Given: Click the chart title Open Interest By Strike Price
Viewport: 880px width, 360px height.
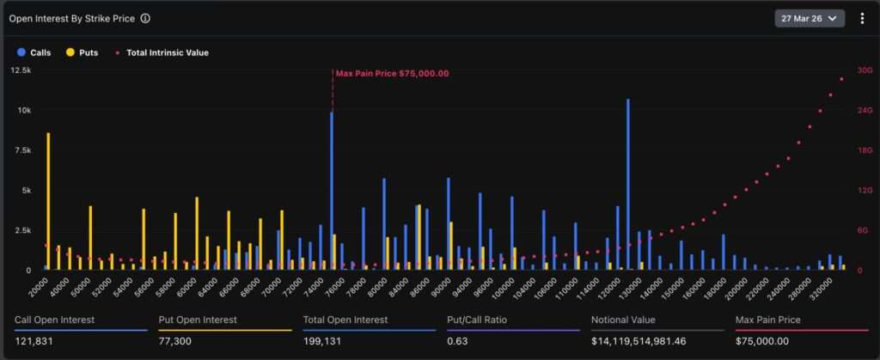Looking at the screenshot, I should (x=71, y=18).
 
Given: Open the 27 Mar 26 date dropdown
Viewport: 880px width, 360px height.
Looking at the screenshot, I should (x=810, y=18).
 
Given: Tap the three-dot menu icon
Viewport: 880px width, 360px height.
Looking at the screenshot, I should (x=862, y=18).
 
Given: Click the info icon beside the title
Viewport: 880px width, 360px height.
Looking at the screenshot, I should (x=145, y=18).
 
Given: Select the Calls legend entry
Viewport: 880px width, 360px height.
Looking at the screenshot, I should (x=34, y=52).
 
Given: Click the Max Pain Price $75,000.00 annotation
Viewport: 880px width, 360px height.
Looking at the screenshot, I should (x=392, y=73).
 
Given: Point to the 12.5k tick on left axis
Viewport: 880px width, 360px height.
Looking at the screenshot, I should (x=21, y=70).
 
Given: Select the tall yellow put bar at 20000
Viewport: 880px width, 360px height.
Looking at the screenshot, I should (x=48, y=201).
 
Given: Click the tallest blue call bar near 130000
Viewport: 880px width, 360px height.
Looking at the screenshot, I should (x=628, y=184).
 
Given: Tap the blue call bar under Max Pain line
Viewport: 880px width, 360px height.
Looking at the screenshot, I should (x=331, y=191).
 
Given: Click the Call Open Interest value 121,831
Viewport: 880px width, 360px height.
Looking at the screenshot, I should (x=35, y=341).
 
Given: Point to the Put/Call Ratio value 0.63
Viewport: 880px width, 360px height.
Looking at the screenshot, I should (x=457, y=341).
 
